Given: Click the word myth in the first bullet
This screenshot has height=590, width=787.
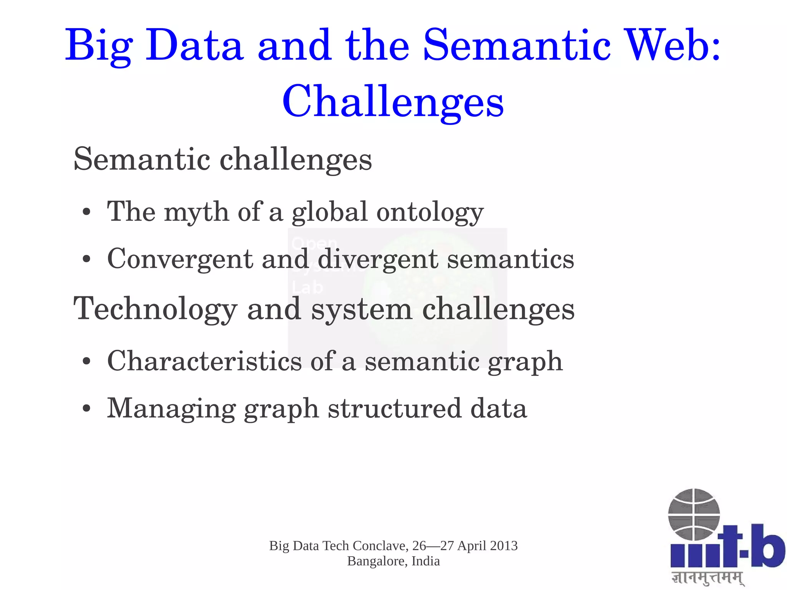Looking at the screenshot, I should (196, 212).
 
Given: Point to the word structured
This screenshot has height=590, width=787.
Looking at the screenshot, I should (394, 409).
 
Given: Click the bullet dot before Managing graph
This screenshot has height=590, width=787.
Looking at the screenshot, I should (87, 409).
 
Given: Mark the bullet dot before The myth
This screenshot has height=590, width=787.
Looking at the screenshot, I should (87, 212).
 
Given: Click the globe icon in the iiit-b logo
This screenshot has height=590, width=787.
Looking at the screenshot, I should (694, 514).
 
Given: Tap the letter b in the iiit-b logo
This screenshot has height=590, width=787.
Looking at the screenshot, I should (767, 546).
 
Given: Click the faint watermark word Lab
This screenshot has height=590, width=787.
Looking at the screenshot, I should (307, 288).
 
